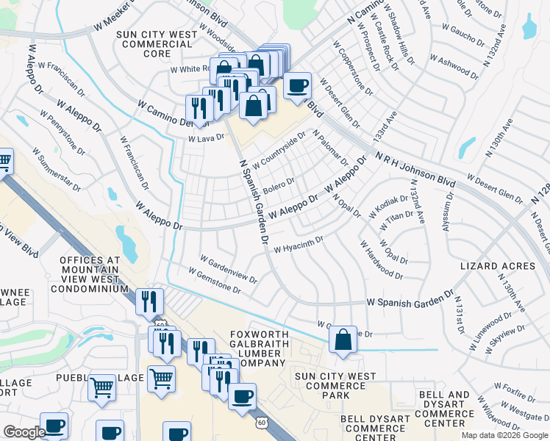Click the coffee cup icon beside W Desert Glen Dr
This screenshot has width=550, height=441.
(297, 86)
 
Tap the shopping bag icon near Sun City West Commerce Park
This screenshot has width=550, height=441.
(343, 340)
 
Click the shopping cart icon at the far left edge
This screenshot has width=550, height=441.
(4, 161)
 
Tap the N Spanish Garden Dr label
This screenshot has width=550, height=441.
(253, 199)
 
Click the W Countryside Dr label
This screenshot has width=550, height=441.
(279, 151)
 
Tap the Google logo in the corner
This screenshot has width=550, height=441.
(24, 432)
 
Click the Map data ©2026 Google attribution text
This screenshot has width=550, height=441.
(504, 435)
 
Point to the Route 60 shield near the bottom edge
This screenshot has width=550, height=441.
(262, 423)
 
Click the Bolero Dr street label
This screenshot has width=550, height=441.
(279, 182)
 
